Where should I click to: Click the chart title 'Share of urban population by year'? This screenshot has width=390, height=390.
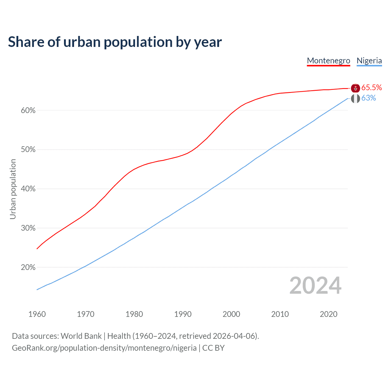115,42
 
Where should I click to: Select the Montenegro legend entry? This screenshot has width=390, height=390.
328,61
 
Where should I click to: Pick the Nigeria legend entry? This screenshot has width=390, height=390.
369,61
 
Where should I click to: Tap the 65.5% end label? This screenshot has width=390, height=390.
372,88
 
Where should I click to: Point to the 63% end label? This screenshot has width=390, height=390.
369,98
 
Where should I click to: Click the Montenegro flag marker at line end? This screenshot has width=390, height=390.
356,88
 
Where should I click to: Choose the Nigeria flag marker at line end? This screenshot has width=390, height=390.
356,98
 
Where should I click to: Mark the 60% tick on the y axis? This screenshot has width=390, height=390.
28,110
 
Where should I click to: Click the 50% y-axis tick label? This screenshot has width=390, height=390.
28,150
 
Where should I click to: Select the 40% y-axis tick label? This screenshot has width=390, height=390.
28,189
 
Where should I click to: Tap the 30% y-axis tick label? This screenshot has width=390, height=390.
28,228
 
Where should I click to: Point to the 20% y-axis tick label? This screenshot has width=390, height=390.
28,268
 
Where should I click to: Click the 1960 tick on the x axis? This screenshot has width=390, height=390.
37,314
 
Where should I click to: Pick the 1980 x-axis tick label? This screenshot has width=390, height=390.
134,314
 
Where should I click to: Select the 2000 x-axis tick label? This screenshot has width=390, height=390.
232,314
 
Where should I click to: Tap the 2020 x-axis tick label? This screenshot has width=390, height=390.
328,314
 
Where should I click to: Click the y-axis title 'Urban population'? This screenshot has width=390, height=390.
13,189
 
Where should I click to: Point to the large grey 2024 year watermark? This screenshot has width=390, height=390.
315,285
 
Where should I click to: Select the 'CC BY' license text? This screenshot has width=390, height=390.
213,348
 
